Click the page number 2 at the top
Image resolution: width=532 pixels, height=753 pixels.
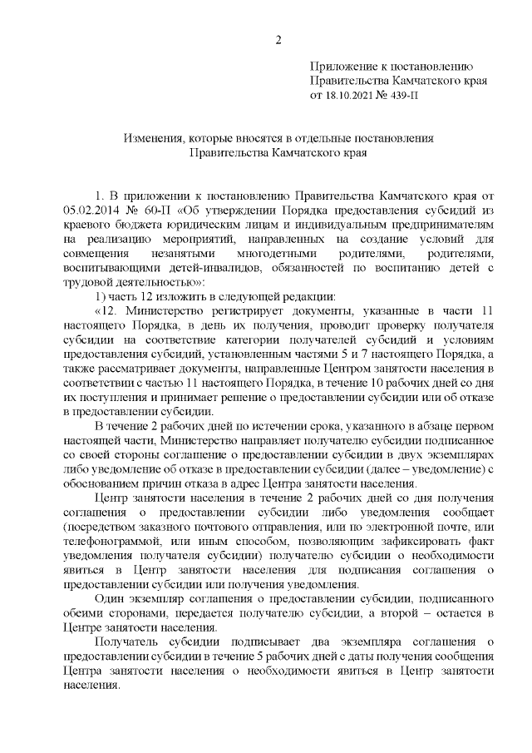(x=278, y=39)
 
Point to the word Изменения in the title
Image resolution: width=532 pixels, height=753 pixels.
(x=155, y=138)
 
